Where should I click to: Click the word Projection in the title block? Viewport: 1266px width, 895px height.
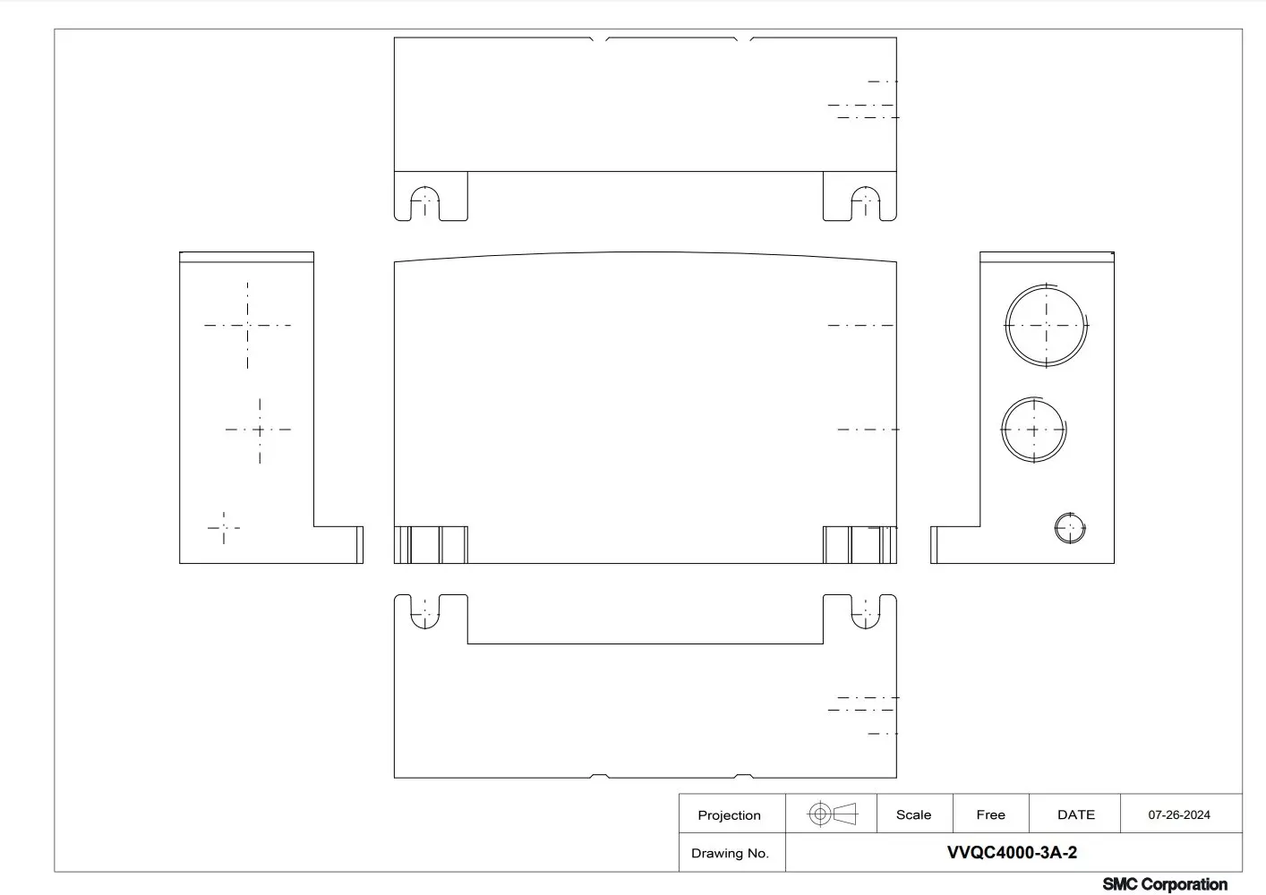click(x=729, y=814)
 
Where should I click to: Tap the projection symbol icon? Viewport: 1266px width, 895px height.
click(x=833, y=814)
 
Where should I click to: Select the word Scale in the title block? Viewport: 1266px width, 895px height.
click(x=913, y=814)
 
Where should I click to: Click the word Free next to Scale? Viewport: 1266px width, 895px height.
click(x=990, y=814)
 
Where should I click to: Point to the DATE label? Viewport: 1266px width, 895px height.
click(x=1075, y=814)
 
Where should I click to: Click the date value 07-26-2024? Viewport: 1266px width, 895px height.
click(x=1179, y=814)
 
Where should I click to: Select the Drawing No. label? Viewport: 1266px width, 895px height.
click(x=730, y=853)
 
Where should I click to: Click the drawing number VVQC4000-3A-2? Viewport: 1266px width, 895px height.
click(x=1012, y=852)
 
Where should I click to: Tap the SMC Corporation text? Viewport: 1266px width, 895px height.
click(x=1164, y=883)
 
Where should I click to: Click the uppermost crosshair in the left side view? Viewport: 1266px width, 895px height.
click(x=247, y=326)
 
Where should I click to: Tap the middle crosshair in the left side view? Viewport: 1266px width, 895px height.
click(x=260, y=430)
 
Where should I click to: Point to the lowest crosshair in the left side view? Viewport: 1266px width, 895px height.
click(x=224, y=528)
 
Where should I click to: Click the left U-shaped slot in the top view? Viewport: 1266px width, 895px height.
click(x=425, y=187)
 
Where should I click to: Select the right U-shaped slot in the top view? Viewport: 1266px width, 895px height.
click(x=865, y=187)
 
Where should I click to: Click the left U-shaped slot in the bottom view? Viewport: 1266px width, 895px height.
click(x=425, y=627)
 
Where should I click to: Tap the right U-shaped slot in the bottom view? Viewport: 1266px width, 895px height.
click(x=865, y=627)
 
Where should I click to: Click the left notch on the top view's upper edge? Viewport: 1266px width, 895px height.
click(x=599, y=40)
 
